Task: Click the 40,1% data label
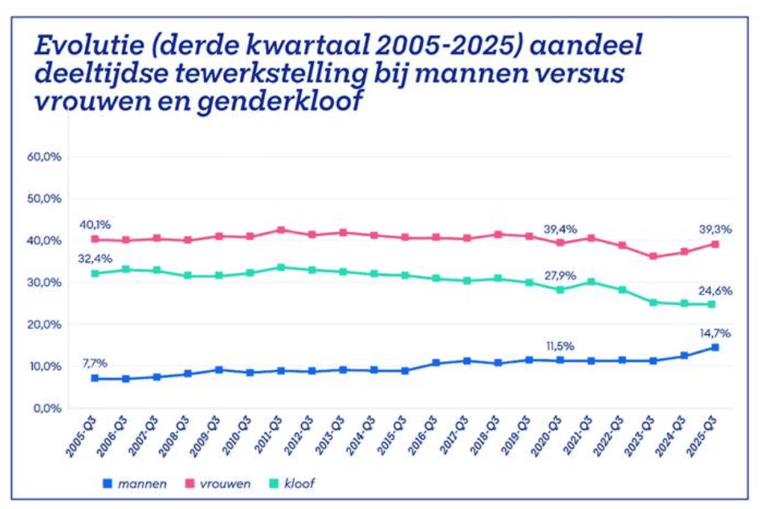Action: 96,224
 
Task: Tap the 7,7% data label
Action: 95,363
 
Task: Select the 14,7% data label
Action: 714,334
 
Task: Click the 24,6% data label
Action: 714,291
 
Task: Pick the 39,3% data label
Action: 714,229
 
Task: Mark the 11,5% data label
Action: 560,345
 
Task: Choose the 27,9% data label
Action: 560,276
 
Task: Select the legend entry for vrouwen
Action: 222,483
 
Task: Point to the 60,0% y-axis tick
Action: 44,157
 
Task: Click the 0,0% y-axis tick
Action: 46,408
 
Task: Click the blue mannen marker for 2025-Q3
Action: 715,348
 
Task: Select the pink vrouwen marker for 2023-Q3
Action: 654,256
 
